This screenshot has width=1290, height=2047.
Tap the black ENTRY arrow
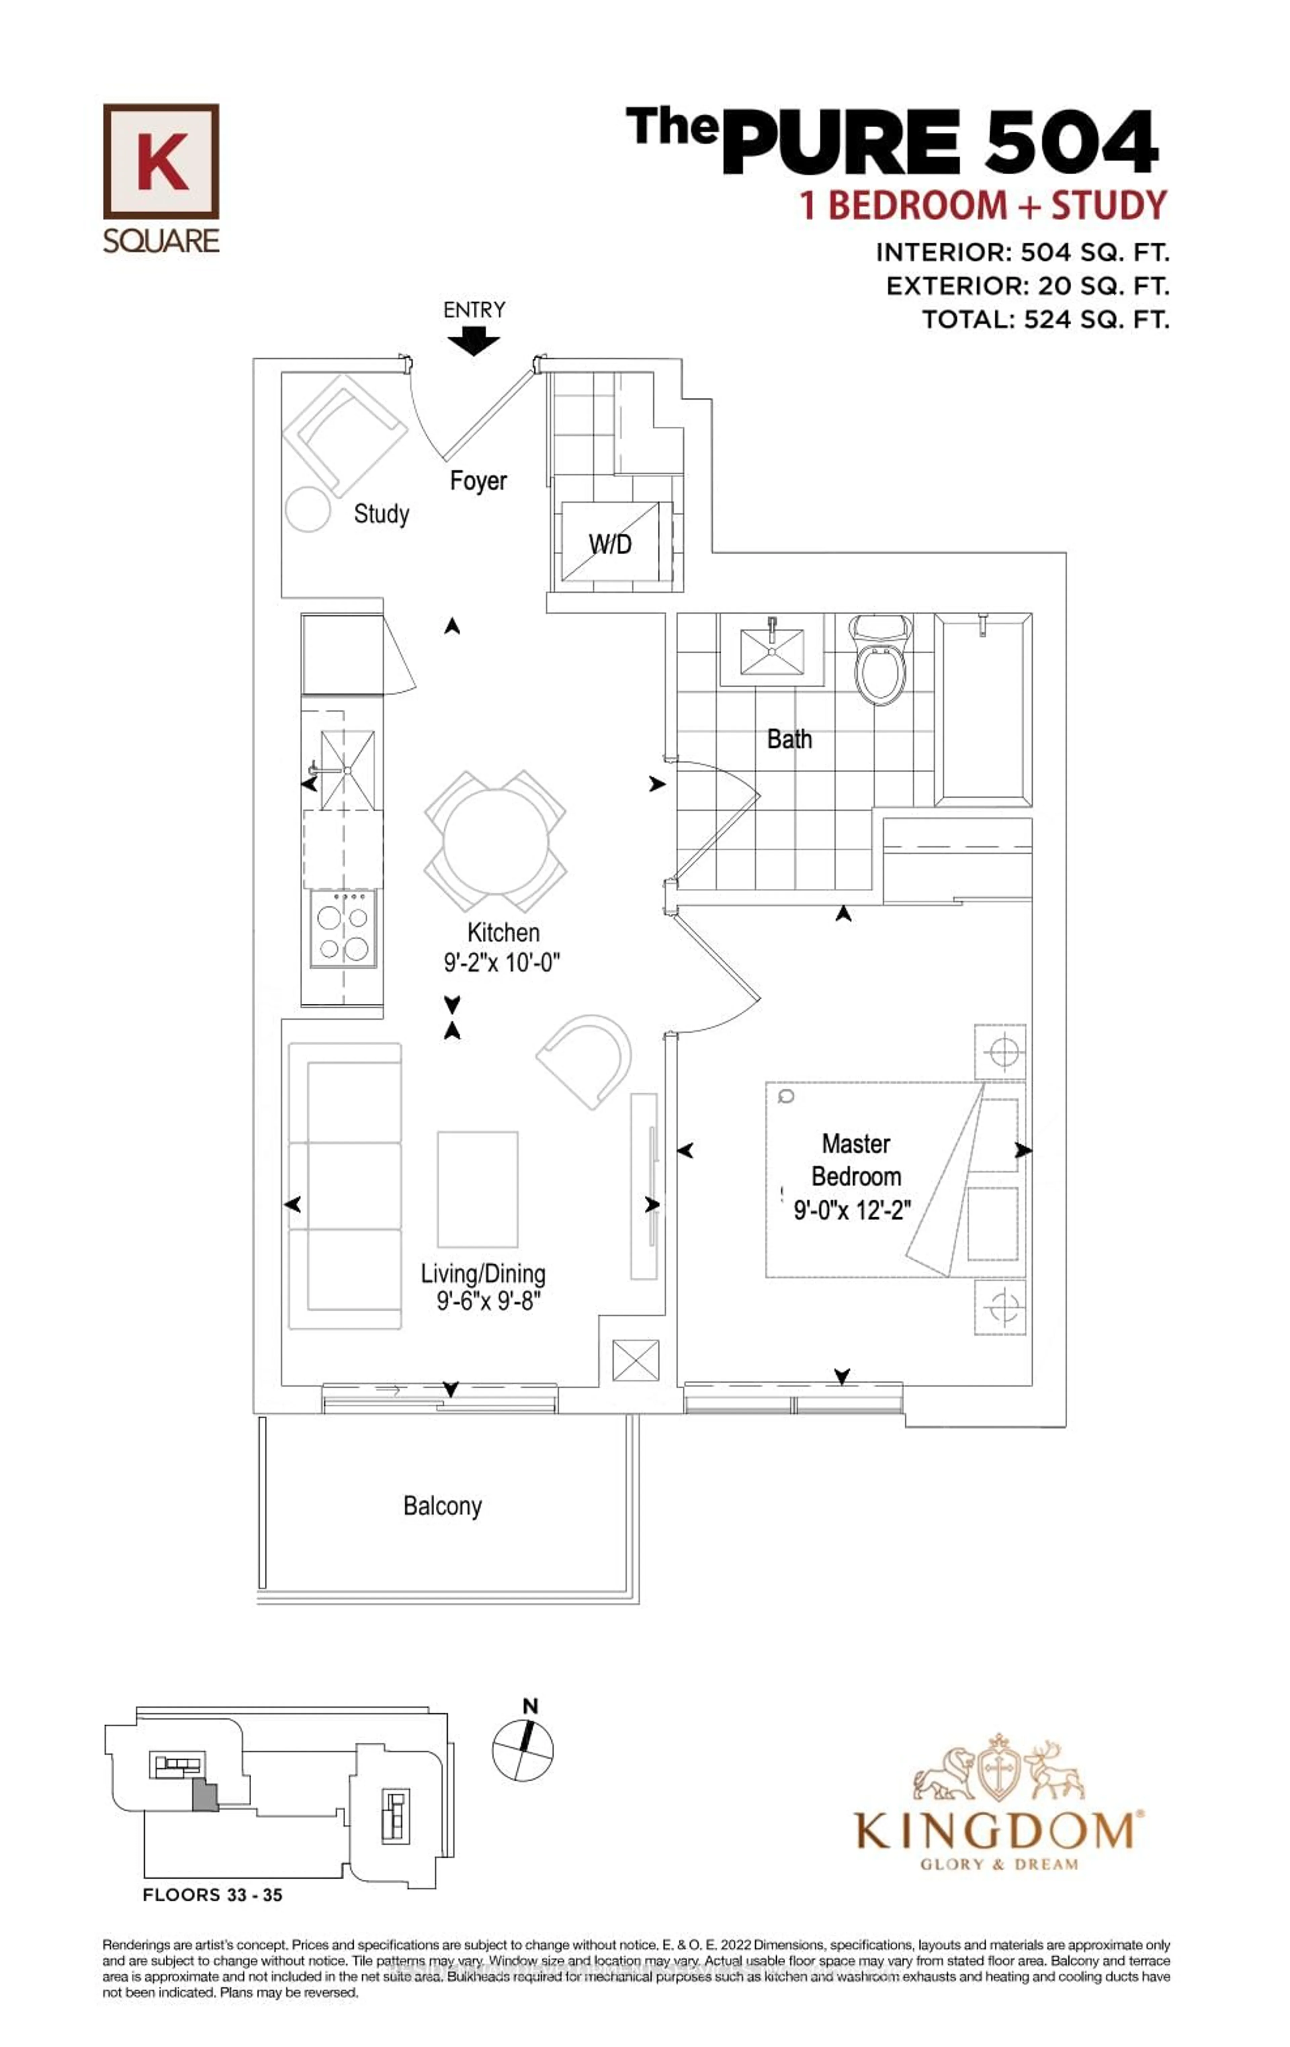tap(474, 342)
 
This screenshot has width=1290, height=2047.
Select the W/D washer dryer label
tap(610, 544)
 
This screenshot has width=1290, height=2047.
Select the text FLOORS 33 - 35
tap(213, 1895)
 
